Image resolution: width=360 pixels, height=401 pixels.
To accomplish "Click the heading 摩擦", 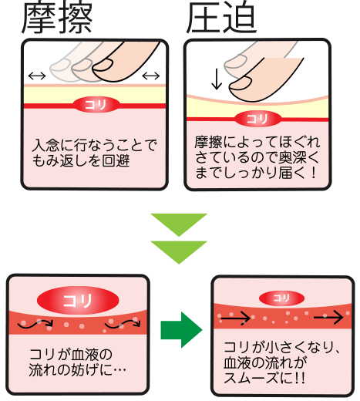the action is coord(57,18).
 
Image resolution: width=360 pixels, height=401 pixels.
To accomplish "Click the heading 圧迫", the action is coord(221,18).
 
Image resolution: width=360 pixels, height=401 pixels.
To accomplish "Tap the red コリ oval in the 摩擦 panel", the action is coord(96,105).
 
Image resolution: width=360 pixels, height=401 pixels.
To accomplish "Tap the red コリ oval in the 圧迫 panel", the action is coord(258,119).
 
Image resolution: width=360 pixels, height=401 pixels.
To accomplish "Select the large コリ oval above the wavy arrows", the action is coord(78,300).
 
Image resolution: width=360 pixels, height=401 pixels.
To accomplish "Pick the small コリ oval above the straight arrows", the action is coord(281,298).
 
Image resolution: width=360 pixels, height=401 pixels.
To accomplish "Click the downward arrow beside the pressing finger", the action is coord(217,79).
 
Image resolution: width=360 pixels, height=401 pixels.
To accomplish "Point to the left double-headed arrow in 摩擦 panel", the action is coord(37,76).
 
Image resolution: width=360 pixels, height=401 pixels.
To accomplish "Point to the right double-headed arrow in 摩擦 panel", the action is coord(151,76).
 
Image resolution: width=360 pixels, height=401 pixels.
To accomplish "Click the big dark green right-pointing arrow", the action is coord(181,330).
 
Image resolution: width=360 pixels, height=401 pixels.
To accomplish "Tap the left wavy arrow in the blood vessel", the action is coord(35,325).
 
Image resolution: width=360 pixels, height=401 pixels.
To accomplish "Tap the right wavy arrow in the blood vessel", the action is coord(123,324).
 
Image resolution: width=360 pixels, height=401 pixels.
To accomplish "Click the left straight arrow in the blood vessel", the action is coord(236,318).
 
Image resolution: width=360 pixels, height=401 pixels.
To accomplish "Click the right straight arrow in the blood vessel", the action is coord(328,318).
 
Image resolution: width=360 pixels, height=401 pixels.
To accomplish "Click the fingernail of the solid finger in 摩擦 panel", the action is coord(103,65).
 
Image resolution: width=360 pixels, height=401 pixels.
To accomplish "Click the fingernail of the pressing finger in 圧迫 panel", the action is coord(240,83).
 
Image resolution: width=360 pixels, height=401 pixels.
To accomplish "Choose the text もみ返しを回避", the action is coord(81,161).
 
